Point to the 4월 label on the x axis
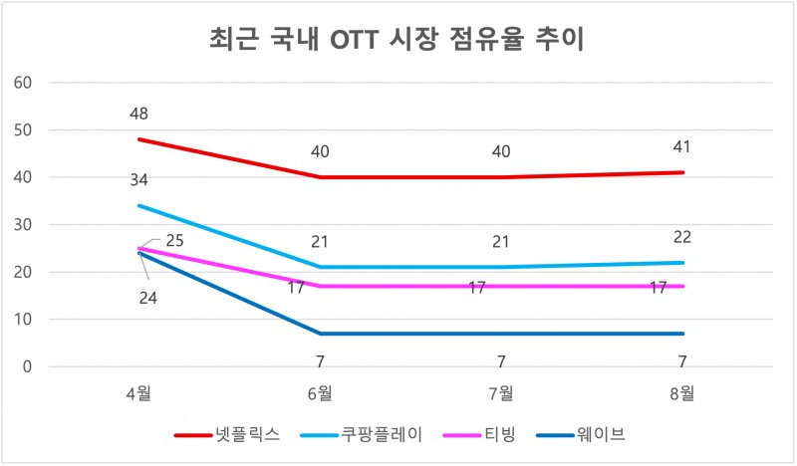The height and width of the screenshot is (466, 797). [x=138, y=393]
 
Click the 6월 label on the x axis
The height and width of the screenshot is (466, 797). [x=320, y=393]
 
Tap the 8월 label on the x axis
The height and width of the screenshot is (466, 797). [x=682, y=393]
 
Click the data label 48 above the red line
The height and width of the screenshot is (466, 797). [x=138, y=115]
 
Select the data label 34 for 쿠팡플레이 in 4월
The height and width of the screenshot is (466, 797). [x=138, y=180]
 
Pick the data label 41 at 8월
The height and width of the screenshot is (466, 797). [x=682, y=147]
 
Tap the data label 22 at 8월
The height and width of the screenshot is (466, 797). [x=682, y=237]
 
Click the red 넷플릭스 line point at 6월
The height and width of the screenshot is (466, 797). [x=320, y=177]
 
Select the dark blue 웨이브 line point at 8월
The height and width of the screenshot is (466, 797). [x=682, y=334]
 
